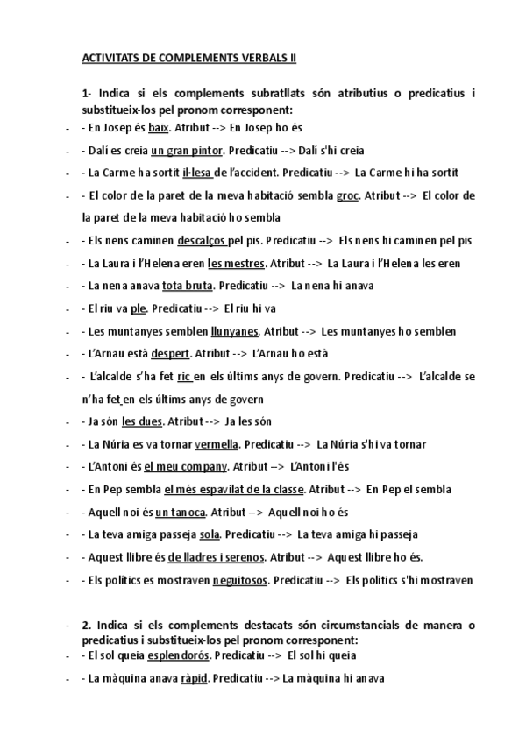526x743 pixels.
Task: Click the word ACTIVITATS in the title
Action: coord(108,59)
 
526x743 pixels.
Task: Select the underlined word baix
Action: coord(158,127)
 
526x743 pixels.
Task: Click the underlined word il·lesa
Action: coord(198,173)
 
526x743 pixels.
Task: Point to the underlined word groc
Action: coord(347,195)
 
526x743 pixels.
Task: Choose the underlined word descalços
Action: coord(202,240)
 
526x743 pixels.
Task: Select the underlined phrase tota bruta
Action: coord(187,286)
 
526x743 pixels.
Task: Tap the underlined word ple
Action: coord(138,308)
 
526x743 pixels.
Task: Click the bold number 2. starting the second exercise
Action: coord(86,625)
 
